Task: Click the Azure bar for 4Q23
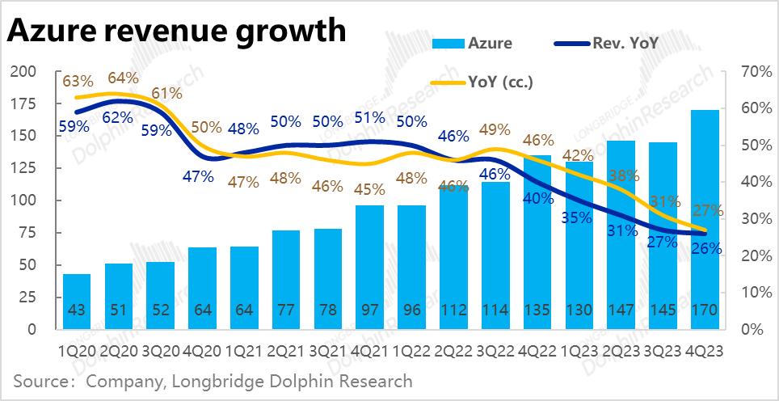(706, 218)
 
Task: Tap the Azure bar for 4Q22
(538, 243)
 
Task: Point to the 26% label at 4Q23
(706, 248)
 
